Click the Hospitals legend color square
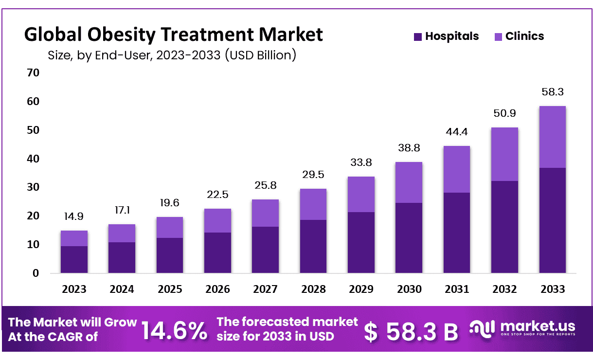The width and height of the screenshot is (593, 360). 418,36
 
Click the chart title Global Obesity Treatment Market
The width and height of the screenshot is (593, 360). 173,35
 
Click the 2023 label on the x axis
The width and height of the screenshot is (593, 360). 74,289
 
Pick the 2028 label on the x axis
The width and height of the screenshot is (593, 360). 313,289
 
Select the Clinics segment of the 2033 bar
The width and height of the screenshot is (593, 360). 552,137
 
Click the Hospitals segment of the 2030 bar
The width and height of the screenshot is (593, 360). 409,238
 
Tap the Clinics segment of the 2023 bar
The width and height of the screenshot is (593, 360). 74,238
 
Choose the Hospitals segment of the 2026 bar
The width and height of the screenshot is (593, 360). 217,252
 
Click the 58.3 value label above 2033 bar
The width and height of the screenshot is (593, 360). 552,92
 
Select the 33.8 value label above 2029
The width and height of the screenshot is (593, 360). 361,162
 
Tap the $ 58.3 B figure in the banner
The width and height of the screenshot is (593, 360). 412,331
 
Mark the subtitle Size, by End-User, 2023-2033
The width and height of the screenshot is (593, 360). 172,55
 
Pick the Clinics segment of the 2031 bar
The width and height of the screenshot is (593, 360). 457,169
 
